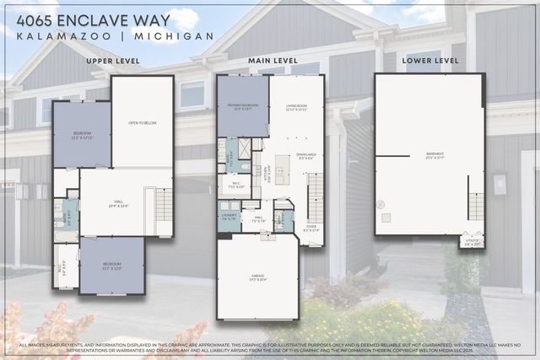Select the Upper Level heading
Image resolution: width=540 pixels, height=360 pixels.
point(113,62)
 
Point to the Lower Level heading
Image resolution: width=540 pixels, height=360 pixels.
point(430,62)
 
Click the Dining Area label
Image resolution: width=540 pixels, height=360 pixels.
point(306,155)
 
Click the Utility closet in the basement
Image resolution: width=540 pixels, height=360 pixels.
point(472,243)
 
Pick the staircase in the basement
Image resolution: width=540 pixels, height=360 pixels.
point(476,206)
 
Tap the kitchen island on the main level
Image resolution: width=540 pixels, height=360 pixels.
point(281,169)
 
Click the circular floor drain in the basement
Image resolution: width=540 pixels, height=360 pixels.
point(380,203)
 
